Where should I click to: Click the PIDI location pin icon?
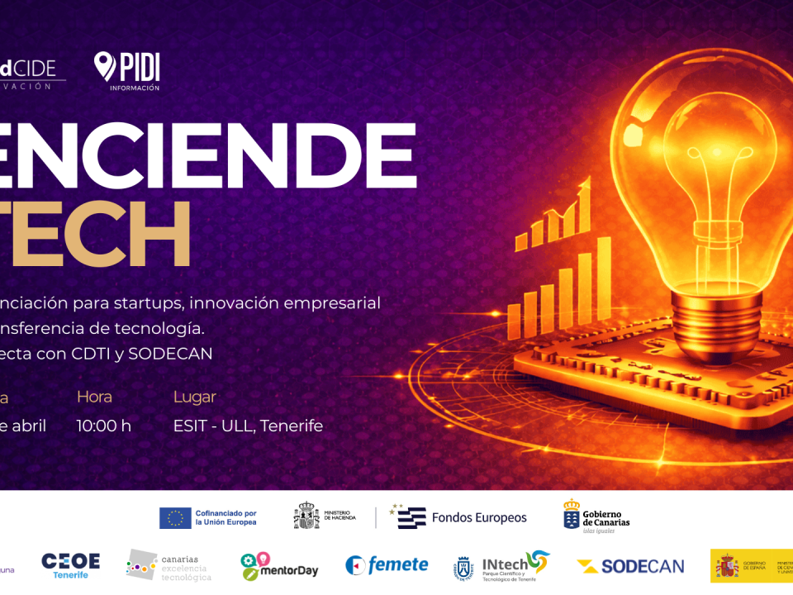pos(105,65)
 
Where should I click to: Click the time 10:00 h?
pos(104,426)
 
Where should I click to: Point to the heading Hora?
pos(94,397)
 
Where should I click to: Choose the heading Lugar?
pos(194,397)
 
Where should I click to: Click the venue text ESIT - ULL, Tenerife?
pos(248,426)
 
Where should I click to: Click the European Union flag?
pos(175,518)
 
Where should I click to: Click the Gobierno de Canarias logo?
pos(596,516)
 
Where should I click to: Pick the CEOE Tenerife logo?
pos(70,564)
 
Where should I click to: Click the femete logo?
pos(387,565)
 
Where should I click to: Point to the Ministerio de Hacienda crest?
pos(306,517)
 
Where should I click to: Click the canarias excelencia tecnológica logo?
pos(169,566)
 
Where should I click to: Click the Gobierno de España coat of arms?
pos(727,566)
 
